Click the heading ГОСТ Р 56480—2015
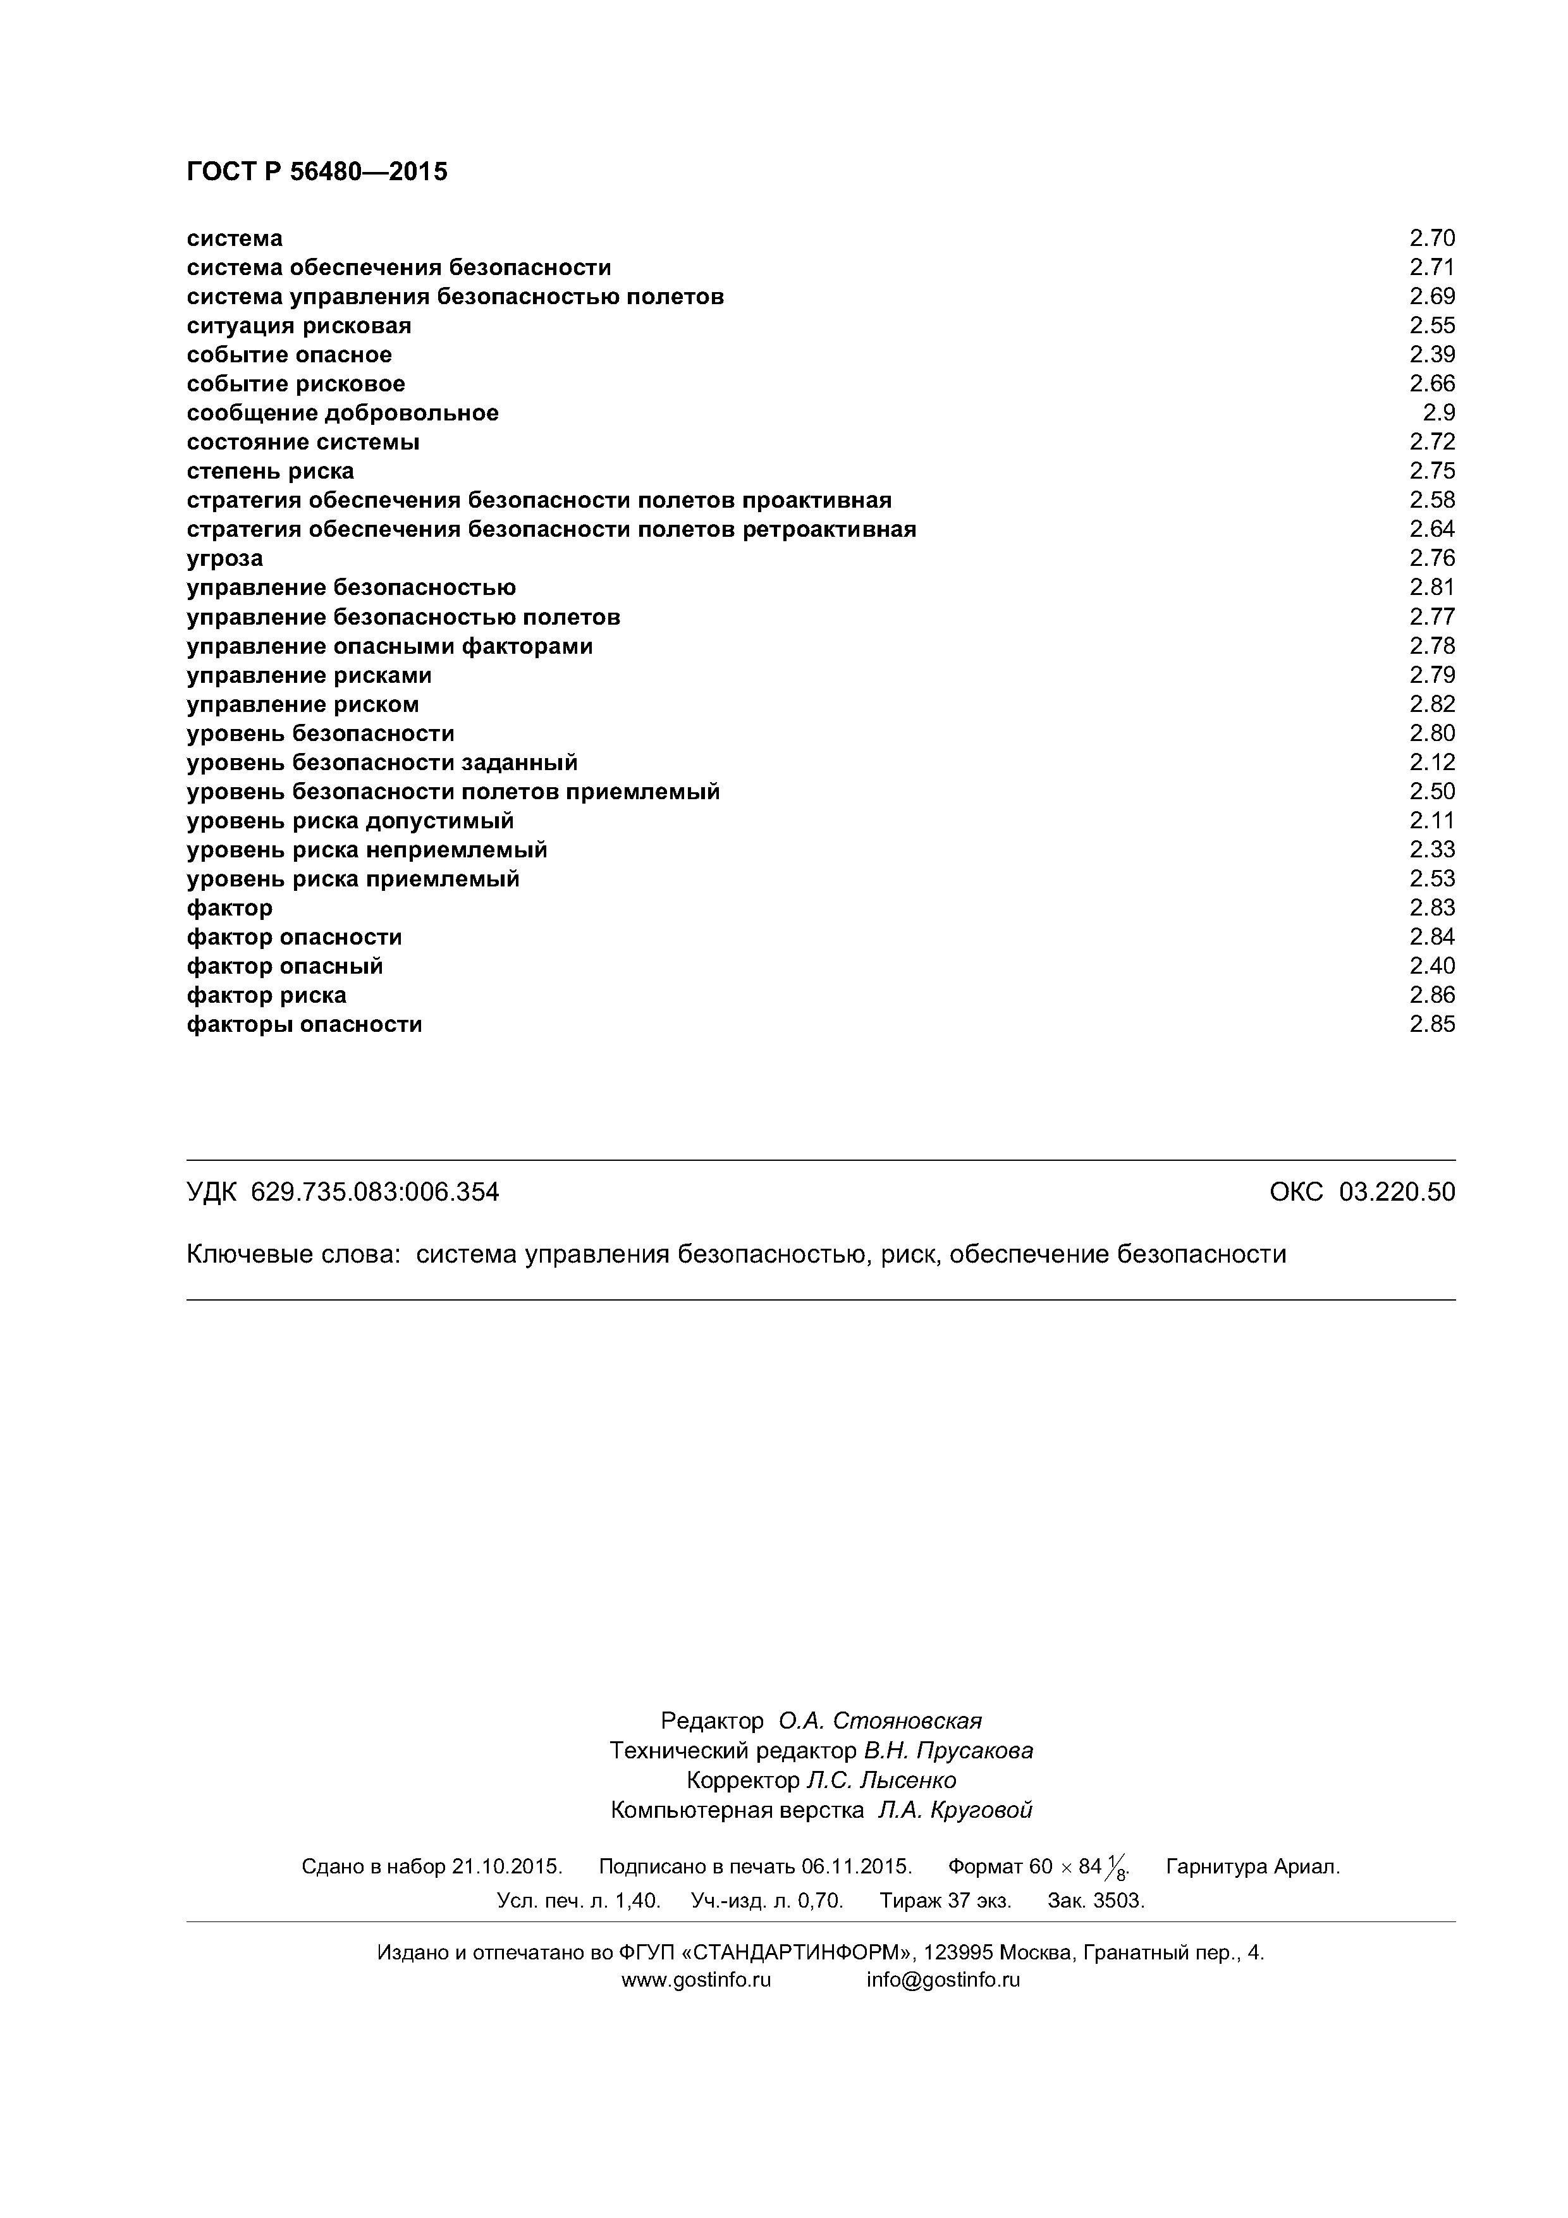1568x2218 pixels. click(x=317, y=172)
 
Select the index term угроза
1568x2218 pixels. click(x=224, y=558)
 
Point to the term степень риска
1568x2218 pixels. click(x=271, y=472)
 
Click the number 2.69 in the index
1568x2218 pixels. click(x=1432, y=297)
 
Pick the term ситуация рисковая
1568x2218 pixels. click(x=298, y=326)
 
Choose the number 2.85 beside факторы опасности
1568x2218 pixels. click(x=1432, y=1024)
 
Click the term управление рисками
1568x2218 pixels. click(x=309, y=675)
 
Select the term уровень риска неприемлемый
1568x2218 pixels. click(x=367, y=850)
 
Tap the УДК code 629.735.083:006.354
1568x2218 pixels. click(x=375, y=1192)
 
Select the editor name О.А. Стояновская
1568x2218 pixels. click(x=880, y=1720)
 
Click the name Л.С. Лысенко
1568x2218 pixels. click(x=881, y=1780)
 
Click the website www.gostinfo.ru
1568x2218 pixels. click(x=695, y=1980)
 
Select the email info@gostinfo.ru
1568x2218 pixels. click(x=943, y=1980)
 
